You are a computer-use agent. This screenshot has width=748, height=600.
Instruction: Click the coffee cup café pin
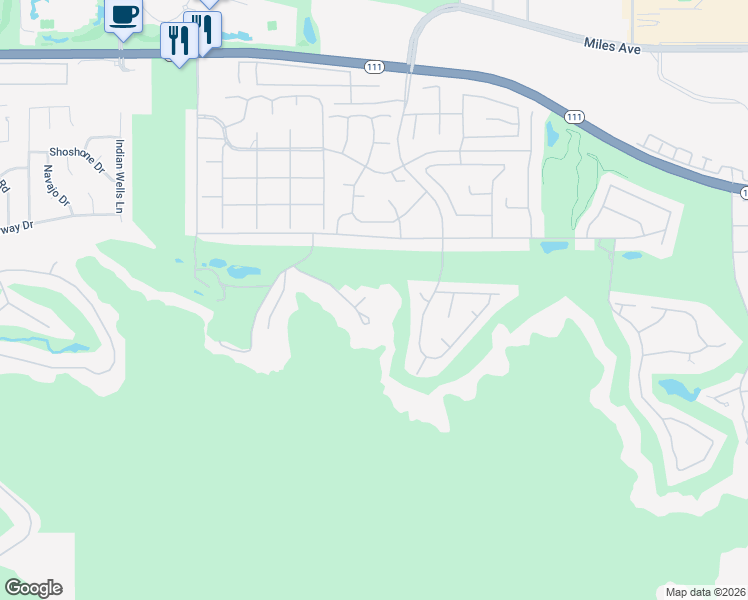point(123,17)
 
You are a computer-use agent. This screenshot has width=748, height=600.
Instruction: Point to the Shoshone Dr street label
point(76,153)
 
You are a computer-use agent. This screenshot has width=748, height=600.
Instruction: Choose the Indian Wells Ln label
point(119,174)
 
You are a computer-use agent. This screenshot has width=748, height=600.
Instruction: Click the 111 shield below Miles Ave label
point(574,116)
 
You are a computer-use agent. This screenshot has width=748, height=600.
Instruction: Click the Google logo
point(33,588)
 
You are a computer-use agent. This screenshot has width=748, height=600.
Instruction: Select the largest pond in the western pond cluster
point(243,271)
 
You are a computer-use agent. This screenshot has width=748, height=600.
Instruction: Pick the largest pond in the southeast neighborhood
point(677,389)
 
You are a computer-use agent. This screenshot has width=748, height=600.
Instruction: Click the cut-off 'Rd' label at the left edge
point(4,186)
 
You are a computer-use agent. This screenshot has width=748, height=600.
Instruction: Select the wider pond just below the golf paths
point(554,246)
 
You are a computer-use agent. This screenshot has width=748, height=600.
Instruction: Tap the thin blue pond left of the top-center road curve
point(309,31)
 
